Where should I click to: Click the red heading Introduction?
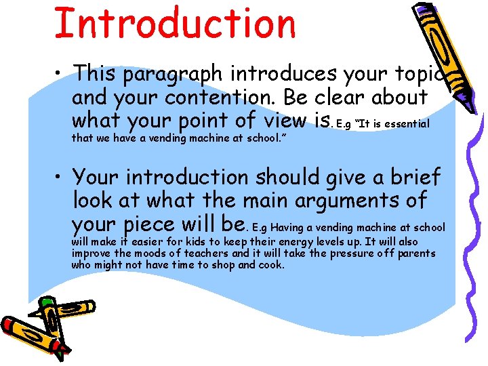tap(175, 24)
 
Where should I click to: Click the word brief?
tap(411, 178)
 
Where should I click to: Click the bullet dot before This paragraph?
tap(61, 73)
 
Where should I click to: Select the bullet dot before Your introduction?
tap(61, 178)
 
